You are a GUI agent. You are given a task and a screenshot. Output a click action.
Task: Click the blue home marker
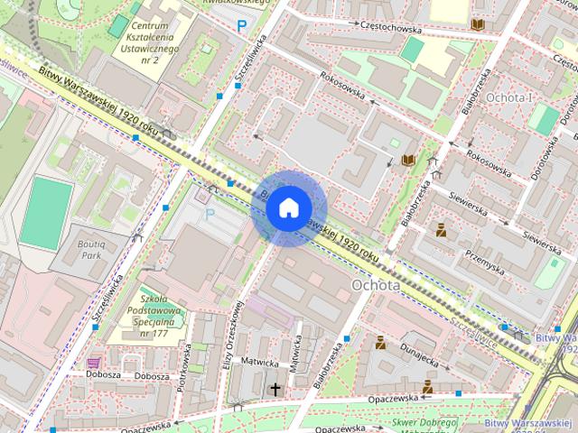(287, 207)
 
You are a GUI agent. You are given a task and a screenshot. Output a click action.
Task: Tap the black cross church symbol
(275, 389)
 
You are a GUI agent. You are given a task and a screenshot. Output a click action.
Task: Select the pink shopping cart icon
(94, 363)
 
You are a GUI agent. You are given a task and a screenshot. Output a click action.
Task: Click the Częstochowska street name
(391, 27)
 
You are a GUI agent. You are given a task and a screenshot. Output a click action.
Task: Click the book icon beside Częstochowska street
(476, 25)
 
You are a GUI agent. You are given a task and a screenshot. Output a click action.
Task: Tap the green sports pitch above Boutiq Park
(46, 213)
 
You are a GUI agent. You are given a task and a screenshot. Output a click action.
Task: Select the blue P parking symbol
(240, 26)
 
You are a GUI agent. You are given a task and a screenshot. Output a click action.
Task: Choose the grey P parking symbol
(210, 214)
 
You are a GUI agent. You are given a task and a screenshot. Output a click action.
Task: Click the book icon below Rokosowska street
(407, 160)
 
